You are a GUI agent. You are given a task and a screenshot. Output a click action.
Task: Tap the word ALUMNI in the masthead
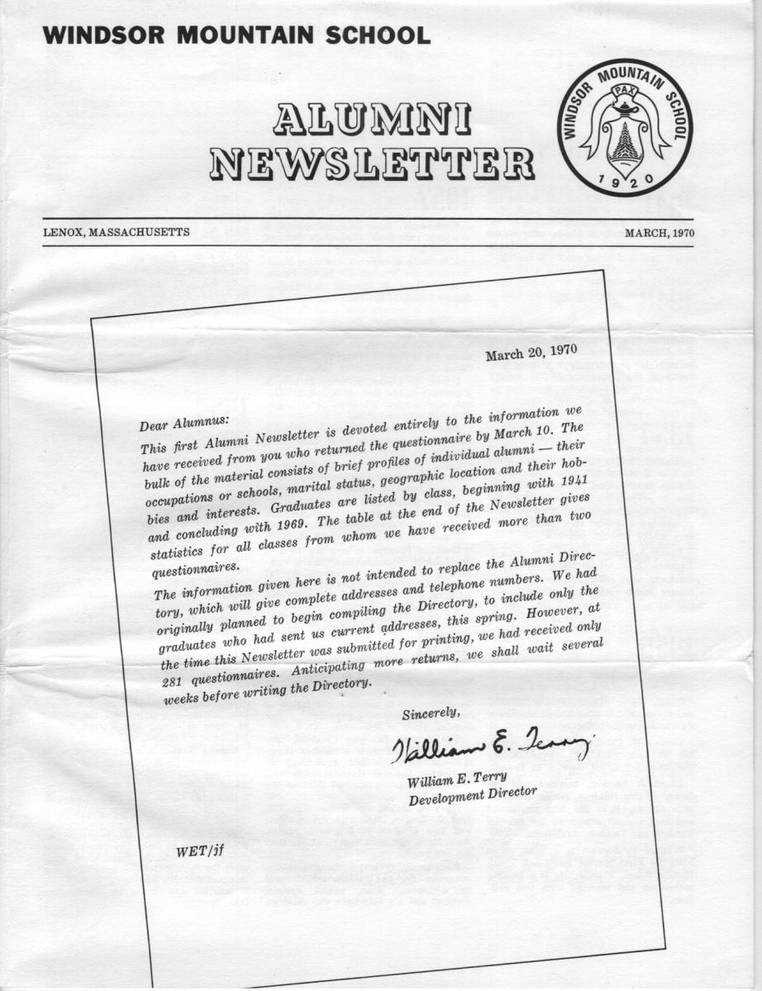(x=371, y=121)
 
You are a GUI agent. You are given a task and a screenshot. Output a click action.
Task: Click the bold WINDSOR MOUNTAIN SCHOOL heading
(x=237, y=36)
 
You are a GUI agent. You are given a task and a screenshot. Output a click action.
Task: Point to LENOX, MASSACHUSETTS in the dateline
(x=117, y=233)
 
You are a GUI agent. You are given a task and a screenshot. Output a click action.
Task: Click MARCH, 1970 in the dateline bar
(x=660, y=233)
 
